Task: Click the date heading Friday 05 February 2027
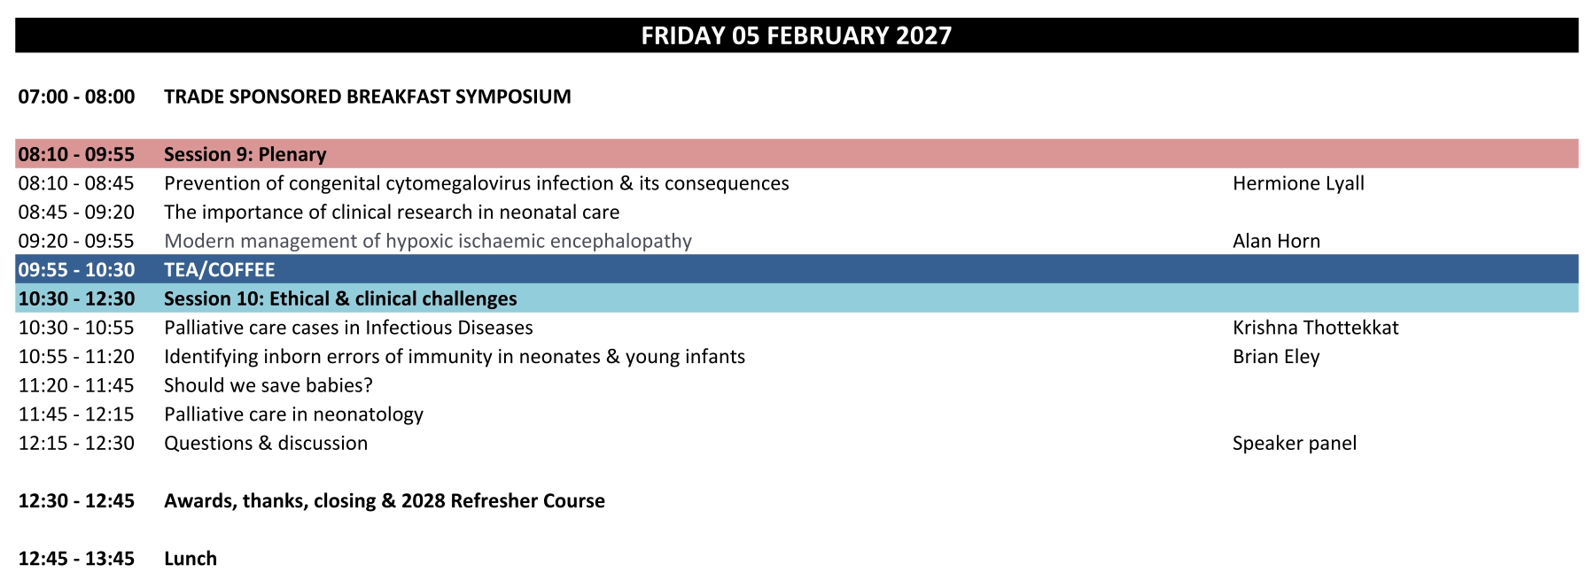(x=796, y=35)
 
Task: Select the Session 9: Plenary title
(x=245, y=154)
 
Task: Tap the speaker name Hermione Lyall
(x=1298, y=183)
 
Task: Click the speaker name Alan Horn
(x=1276, y=241)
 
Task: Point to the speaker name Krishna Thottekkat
(x=1315, y=328)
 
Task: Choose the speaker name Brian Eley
(x=1276, y=357)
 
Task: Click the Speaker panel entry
(x=1294, y=443)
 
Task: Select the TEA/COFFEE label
(x=220, y=270)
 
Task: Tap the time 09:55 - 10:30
(x=77, y=270)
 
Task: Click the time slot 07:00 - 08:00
(x=77, y=97)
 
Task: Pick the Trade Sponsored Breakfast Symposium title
(x=368, y=97)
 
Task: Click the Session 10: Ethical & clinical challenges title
(x=340, y=298)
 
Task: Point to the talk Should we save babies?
(x=268, y=385)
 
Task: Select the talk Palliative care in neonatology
(x=293, y=414)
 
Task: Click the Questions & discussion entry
(x=266, y=443)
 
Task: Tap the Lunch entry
(x=191, y=559)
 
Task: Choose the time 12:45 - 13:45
(x=77, y=559)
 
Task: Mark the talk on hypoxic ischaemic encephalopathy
(x=428, y=241)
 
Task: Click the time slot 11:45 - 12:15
(x=77, y=414)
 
